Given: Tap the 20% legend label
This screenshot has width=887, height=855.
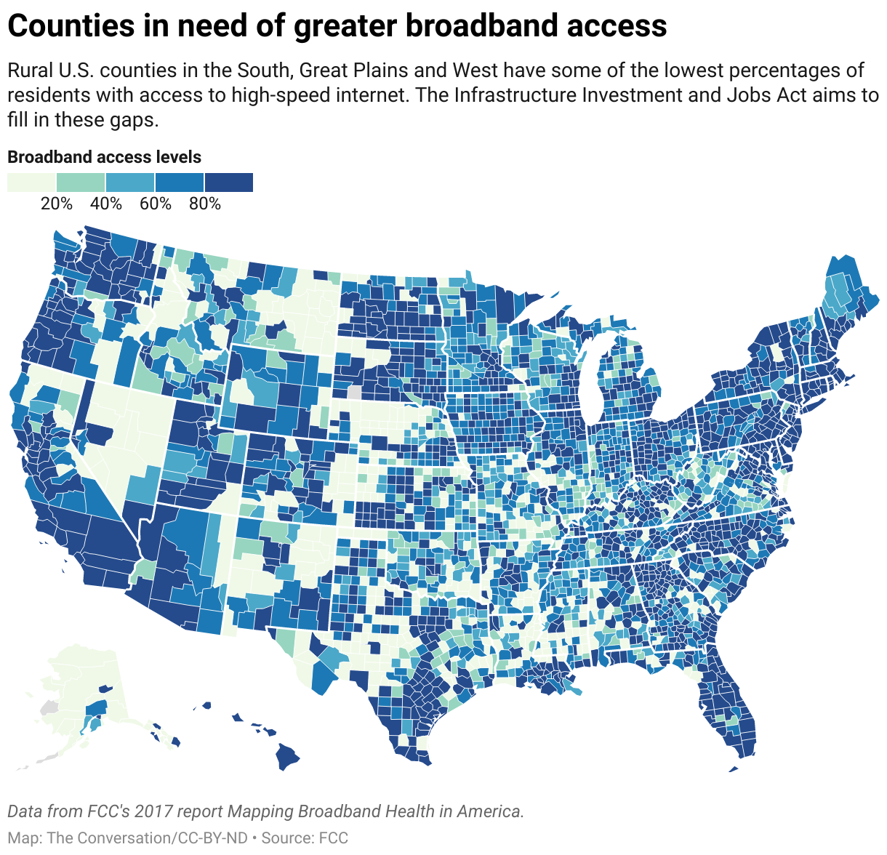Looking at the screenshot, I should click(57, 204).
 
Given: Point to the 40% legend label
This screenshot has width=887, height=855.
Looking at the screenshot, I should click(106, 204).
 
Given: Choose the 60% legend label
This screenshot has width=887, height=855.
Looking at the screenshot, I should click(156, 204).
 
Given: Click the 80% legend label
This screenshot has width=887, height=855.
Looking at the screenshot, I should click(205, 204).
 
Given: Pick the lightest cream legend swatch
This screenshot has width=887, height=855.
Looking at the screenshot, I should click(31, 182).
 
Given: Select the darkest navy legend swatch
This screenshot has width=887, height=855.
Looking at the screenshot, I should click(228, 182).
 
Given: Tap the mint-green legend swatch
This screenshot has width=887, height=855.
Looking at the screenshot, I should click(81, 182).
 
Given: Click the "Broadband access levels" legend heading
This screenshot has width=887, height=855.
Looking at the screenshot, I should click(104, 157).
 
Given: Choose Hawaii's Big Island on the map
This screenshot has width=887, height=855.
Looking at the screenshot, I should click(288, 758).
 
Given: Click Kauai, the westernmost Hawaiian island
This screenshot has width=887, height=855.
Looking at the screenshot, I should click(206, 705).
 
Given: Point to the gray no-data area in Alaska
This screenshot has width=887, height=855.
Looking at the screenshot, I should click(49, 707).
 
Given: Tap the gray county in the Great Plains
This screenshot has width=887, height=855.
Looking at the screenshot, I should click(354, 392).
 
